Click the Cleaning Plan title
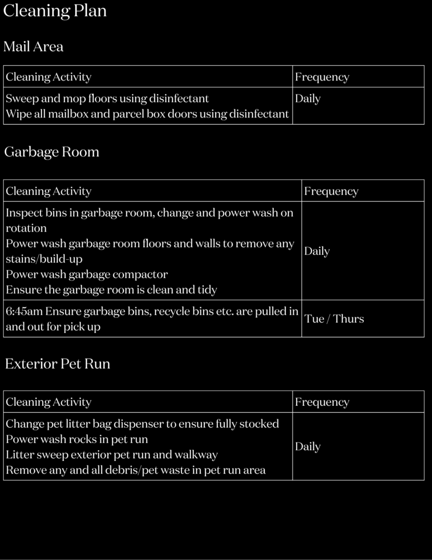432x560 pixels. [x=55, y=11]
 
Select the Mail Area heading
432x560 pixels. [x=33, y=47]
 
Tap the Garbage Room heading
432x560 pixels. [x=52, y=152]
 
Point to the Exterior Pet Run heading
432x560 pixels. [x=57, y=364]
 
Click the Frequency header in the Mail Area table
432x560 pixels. [x=322, y=77]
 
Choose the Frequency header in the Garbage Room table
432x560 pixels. [x=331, y=191]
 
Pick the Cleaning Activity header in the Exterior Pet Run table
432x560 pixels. [x=49, y=402]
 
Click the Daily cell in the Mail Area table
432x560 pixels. [x=307, y=99]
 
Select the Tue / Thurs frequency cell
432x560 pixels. [x=334, y=319]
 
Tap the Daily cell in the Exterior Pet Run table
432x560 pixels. [x=307, y=447]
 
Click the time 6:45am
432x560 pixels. [x=24, y=312]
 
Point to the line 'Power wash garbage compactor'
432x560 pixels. [x=87, y=275]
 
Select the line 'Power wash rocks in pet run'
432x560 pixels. [x=77, y=439]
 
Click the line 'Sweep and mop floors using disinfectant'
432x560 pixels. [x=107, y=99]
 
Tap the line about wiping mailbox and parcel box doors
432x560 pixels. [x=147, y=114]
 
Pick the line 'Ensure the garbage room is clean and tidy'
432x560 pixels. [x=111, y=290]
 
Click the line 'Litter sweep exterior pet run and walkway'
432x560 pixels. [x=112, y=454]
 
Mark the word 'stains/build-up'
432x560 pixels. [x=44, y=259]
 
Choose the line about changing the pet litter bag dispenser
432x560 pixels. [x=143, y=424]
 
